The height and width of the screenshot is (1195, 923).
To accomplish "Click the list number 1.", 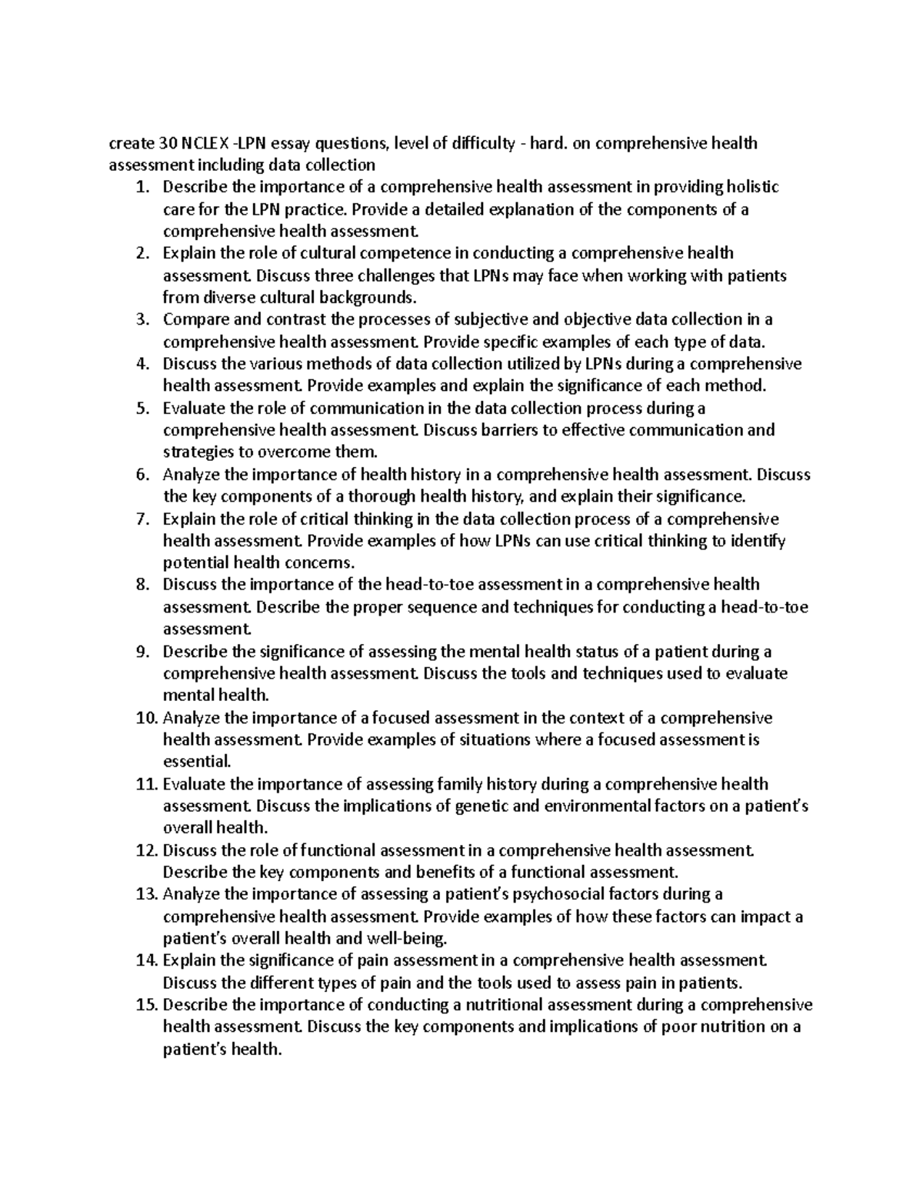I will coord(140,187).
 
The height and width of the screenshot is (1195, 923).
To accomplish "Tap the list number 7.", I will coord(140,519).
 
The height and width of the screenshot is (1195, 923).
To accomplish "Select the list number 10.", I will coord(145,719).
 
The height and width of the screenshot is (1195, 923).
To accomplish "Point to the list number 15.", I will coord(145,1005).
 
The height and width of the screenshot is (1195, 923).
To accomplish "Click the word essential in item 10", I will coord(197,763).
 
